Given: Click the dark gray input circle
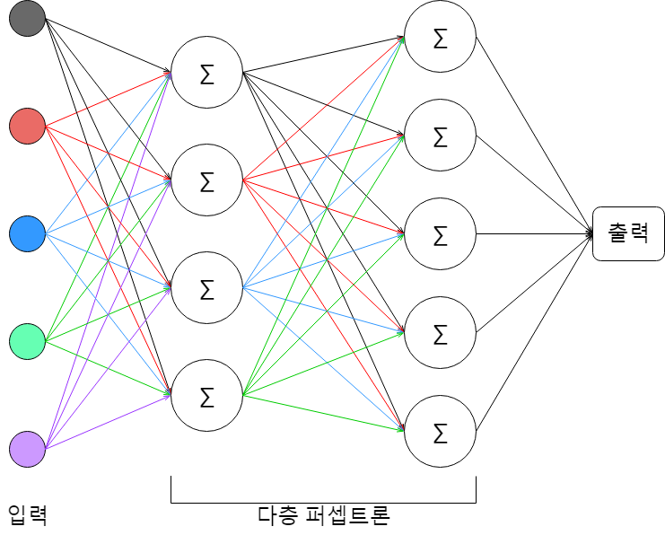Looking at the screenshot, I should click(x=27, y=19).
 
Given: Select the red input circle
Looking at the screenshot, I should click(x=27, y=126).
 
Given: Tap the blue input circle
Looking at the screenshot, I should click(x=27, y=233).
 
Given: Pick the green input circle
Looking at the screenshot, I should click(x=27, y=341).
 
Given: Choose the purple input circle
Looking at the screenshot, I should click(x=27, y=448).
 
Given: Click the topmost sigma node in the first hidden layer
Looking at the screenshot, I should click(x=206, y=73).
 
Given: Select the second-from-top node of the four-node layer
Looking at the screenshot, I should click(x=206, y=180).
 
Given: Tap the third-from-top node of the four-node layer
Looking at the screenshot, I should click(x=206, y=288).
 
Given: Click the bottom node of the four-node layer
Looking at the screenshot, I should click(x=206, y=395).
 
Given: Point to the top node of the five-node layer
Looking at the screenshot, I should click(x=440, y=37).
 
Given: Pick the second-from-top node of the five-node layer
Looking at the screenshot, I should click(x=440, y=136).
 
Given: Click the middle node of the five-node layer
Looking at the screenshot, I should click(x=440, y=234).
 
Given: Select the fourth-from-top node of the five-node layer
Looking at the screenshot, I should click(x=440, y=333).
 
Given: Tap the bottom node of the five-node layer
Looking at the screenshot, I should click(x=440, y=432).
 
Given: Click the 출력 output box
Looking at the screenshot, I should click(x=628, y=233).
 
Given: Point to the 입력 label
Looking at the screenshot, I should click(x=27, y=516).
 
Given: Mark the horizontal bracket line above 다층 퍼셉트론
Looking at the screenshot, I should click(x=323, y=503).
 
